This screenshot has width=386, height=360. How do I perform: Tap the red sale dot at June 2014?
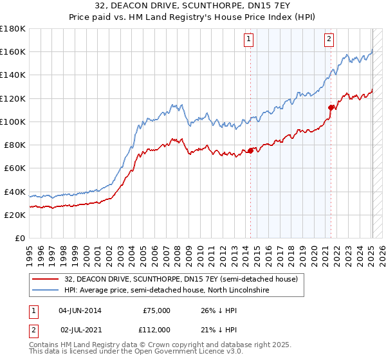coord(250,151)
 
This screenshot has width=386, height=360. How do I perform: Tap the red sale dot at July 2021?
coord(331,107)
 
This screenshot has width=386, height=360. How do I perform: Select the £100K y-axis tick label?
coord(14,122)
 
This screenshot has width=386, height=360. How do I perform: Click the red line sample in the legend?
coord(45,280)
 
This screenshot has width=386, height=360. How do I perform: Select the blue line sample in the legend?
coord(45,291)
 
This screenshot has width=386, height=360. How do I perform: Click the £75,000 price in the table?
coord(155,310)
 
